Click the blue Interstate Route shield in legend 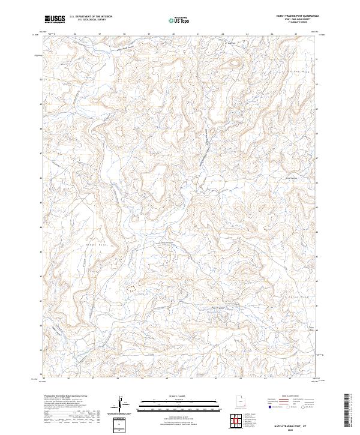tap(272, 407)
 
